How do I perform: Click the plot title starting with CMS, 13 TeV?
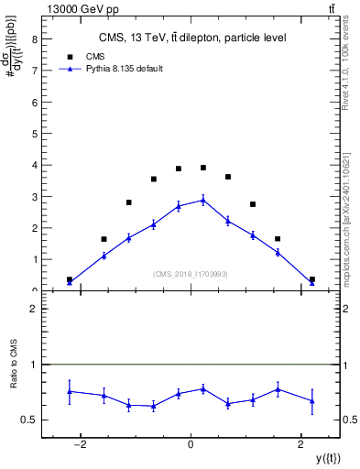tap(192, 38)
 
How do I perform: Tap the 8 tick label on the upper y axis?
tap(33, 39)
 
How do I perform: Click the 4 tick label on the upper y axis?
tap(33, 165)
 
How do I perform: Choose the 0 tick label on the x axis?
tap(191, 444)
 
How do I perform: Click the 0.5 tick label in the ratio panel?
tap(29, 420)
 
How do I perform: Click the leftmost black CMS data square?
tap(70, 279)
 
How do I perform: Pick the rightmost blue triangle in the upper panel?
tap(312, 282)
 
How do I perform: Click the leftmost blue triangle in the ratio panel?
tap(70, 391)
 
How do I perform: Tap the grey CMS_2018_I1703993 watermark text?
tap(190, 274)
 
